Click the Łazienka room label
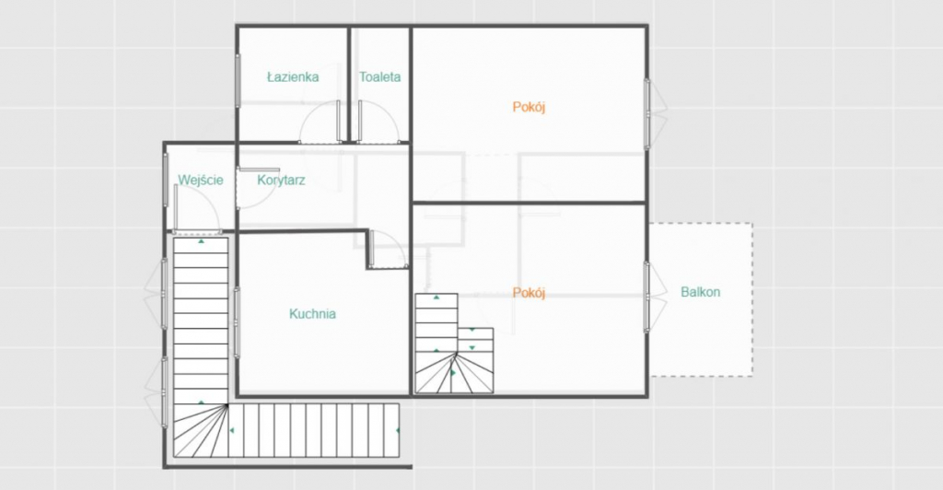293,77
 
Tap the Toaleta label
380,77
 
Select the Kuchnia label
313,314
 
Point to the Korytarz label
282,181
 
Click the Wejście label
201,181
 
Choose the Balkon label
701,292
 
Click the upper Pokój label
530,107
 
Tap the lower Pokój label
530,293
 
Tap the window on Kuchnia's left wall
237,323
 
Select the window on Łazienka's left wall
238,80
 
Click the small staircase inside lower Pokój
454,344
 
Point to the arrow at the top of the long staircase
202,241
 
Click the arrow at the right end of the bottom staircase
398,430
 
